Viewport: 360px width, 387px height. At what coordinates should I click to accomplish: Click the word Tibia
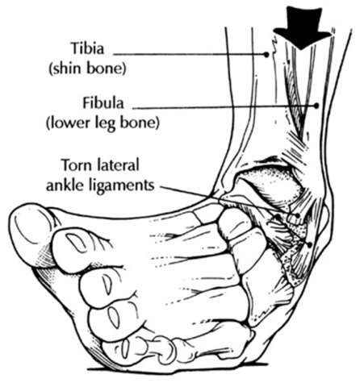tap(87, 49)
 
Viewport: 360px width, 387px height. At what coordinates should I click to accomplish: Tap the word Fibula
tap(103, 103)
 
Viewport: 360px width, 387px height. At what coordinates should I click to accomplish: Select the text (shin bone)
tap(87, 69)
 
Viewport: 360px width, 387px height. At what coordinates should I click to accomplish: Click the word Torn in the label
tap(74, 164)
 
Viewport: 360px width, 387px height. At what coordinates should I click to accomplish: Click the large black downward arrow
tap(303, 27)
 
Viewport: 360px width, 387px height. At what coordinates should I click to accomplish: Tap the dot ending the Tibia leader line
tap(266, 55)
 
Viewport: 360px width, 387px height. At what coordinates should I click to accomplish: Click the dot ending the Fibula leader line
tap(316, 106)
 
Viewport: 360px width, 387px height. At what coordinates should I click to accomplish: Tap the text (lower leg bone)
tap(103, 123)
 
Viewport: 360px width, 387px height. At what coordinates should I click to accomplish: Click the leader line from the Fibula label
tap(224, 107)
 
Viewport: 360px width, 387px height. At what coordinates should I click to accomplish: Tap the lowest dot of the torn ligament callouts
tap(310, 244)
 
